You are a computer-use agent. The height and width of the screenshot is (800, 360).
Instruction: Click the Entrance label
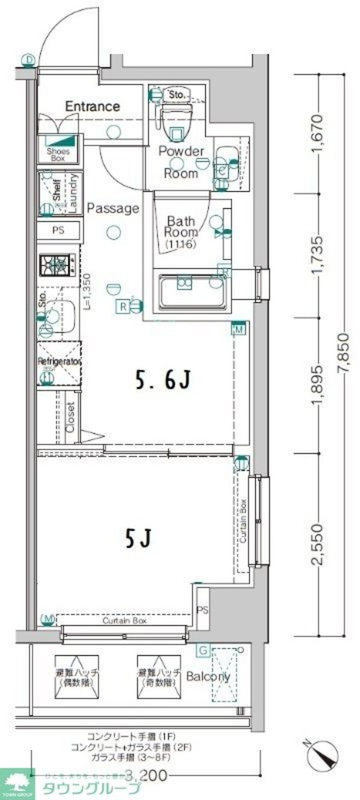(92, 107)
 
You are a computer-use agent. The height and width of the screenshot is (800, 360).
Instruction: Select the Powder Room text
(181, 163)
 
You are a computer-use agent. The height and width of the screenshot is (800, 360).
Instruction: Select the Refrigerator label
(59, 362)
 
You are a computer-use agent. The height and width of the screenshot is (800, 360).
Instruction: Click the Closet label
(70, 417)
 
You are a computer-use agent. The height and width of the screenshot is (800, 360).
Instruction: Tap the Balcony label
(208, 676)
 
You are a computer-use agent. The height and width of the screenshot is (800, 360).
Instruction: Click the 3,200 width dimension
(143, 775)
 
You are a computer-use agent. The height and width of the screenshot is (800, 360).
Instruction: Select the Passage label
(113, 209)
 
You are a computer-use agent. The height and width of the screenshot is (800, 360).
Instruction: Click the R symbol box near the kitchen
(122, 307)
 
